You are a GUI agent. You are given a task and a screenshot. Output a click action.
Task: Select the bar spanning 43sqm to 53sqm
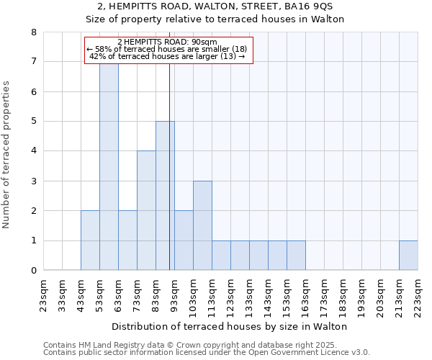90,240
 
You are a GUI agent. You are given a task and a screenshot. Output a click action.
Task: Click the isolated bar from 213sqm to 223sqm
408,256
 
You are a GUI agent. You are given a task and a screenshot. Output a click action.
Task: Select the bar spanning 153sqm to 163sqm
296,256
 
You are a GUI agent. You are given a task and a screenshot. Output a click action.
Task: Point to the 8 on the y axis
33,32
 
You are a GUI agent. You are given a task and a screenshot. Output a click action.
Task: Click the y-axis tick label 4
33,151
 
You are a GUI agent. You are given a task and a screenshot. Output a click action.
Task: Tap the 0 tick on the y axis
33,271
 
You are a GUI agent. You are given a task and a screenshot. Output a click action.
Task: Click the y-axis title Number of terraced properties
7,155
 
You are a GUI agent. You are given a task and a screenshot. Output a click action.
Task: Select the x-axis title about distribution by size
230,326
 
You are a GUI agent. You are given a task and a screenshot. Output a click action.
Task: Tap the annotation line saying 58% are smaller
166,49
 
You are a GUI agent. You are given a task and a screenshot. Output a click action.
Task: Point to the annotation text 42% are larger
168,56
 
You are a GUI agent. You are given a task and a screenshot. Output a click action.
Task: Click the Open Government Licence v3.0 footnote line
207,353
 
